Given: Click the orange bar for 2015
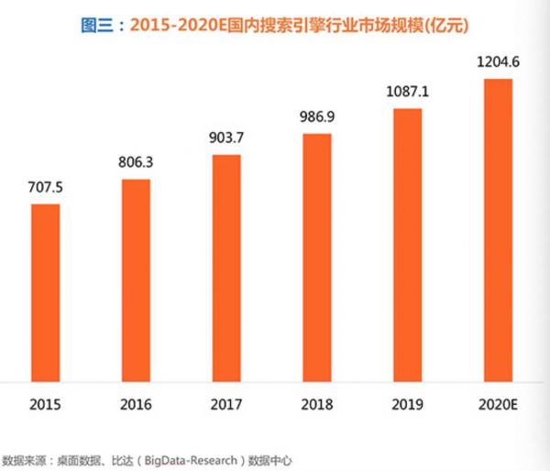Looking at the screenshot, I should (45, 290).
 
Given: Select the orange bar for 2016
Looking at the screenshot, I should (136, 279).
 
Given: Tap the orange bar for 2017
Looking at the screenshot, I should (225, 266).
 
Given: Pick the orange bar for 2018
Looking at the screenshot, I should (315, 256).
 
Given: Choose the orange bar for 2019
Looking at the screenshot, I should (407, 244).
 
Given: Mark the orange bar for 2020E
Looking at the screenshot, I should (496, 229).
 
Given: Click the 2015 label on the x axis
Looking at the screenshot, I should (45, 403).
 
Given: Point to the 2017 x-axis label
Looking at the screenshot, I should (225, 403).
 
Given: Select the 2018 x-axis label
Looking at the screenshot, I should (315, 403).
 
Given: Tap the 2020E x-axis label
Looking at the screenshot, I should (496, 403).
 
